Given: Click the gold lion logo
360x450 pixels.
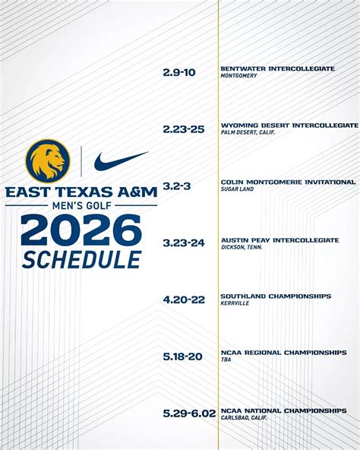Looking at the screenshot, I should pos(48,160).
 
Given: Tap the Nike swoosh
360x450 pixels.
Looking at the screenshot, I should pos(121,160).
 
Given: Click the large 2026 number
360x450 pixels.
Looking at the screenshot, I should pos(81,230).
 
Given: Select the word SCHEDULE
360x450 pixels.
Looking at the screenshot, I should pos(81,258).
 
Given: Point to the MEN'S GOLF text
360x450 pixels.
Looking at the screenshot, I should pos(81,205).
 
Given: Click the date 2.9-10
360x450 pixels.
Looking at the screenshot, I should pos(179,72).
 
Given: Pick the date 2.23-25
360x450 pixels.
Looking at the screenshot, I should pos(184,129).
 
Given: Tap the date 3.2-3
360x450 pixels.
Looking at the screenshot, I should pos(177,186).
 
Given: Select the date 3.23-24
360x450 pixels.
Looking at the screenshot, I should pos(184,243).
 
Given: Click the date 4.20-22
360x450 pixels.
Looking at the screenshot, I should pos(184,299).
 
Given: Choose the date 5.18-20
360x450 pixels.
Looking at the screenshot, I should pos(183,357).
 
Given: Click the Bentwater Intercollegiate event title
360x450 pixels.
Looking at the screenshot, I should pos(277,68).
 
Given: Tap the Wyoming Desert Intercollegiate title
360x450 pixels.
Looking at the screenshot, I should pos(289,125).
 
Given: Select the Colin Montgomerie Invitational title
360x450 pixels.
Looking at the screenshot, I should pos(288,182).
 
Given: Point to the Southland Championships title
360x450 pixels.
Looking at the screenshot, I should pos(276,296).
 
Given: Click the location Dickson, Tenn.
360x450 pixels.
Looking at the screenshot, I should pos(242,247).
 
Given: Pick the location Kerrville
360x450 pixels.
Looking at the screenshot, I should pos(235,304).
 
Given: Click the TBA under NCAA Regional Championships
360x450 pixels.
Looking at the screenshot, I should pos(226,360).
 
